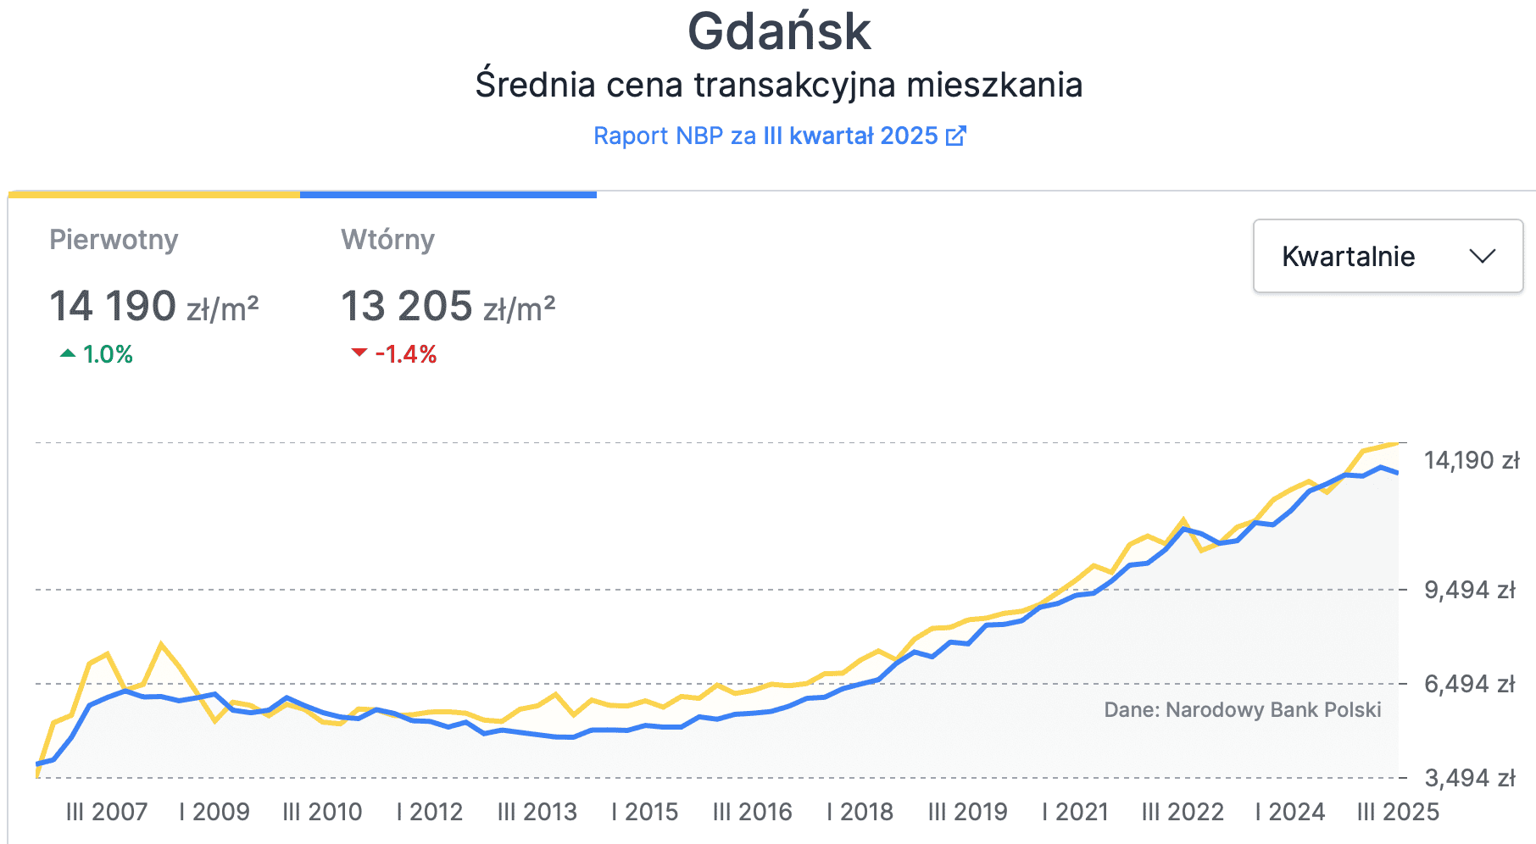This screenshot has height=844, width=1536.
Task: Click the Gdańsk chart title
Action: (778, 32)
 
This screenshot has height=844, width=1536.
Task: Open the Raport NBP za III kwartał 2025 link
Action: (765, 136)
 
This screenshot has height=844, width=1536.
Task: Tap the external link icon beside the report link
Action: (955, 136)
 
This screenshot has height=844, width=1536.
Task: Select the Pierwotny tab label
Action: (114, 240)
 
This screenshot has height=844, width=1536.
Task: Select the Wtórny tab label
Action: (387, 240)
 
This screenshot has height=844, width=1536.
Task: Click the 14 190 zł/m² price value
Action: (153, 307)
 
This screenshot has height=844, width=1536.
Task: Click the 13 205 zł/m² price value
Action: (448, 307)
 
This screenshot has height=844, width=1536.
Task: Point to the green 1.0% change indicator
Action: (97, 354)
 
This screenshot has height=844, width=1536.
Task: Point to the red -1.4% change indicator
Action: (394, 354)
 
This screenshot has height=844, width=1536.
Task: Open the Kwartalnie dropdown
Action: (1387, 256)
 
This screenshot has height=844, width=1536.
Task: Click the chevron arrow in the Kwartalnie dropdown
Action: (1482, 256)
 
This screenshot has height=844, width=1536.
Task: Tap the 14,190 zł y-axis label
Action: (1471, 460)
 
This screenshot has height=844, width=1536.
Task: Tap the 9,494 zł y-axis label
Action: (1469, 590)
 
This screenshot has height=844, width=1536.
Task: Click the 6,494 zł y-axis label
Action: (1469, 684)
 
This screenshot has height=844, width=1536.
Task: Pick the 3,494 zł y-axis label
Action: (1469, 778)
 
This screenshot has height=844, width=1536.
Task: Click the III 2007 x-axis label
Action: (107, 812)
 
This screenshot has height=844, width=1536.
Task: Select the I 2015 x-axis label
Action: (644, 812)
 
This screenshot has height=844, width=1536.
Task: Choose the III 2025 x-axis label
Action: (1398, 812)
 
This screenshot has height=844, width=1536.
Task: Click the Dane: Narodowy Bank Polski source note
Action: (1242, 709)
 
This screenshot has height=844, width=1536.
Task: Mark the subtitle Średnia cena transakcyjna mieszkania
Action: (778, 85)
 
